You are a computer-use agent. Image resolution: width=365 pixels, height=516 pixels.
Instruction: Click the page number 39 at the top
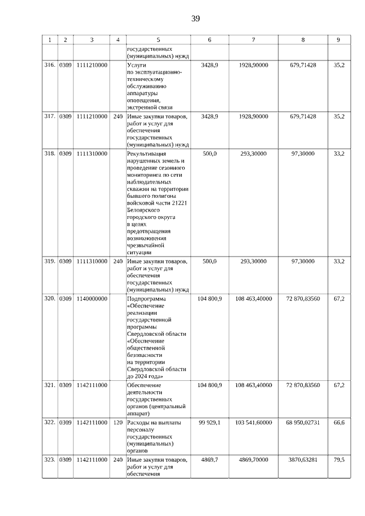196,19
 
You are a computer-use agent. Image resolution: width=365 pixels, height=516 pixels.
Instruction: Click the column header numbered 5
158,40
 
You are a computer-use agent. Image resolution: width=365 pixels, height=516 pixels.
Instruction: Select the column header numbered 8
303,40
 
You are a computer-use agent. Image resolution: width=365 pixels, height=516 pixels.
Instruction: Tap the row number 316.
50,66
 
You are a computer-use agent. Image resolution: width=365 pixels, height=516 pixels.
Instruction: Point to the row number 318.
50,153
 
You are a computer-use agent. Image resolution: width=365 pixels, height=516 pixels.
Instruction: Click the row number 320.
50,298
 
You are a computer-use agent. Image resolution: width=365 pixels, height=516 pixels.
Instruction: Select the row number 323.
50,458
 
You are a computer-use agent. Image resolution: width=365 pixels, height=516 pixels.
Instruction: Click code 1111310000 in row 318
92,153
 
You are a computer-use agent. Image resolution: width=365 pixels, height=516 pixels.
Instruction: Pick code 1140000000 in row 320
92,298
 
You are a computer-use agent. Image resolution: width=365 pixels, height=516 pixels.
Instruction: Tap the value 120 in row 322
118,422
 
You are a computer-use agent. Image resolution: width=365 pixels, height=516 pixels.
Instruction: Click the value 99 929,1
209,422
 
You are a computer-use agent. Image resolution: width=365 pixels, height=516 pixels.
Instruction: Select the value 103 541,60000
253,422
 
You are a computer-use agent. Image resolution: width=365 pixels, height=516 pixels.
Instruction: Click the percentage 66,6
339,422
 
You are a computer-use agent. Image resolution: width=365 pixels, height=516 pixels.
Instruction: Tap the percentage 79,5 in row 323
339,458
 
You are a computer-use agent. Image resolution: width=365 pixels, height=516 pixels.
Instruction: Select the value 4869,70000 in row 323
253,458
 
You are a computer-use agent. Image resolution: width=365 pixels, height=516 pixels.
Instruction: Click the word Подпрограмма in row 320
148,298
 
